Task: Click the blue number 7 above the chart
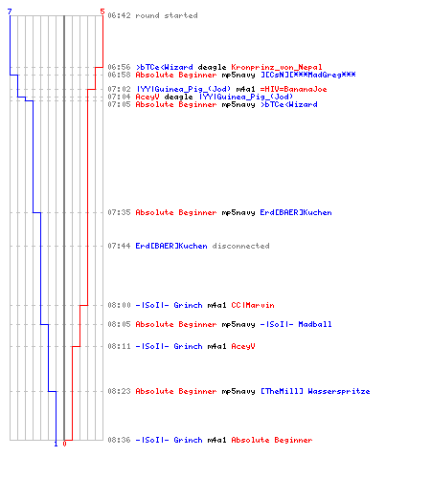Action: pos(10,11)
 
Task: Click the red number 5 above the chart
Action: pos(102,11)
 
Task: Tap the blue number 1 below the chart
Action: pos(56,444)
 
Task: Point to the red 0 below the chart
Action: pos(64,444)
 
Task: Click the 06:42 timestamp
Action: pos(119,15)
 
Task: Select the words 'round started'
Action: pos(167,15)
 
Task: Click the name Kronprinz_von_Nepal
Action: pos(277,67)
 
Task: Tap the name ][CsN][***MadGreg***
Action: pos(308,75)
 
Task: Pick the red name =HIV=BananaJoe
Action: pos(293,89)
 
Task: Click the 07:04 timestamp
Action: pos(119,97)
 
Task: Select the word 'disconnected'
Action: pos(240,246)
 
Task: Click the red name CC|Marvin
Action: pos(253,305)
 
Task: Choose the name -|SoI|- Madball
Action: pos(296,324)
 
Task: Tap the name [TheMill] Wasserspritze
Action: pos(315,391)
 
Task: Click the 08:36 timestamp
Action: pos(119,440)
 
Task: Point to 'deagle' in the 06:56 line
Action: pos(212,67)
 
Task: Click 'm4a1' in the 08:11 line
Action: pos(216,346)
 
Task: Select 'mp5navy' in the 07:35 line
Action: pos(238,212)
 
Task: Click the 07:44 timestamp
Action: pos(119,246)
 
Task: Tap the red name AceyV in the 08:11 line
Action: pos(243,346)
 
